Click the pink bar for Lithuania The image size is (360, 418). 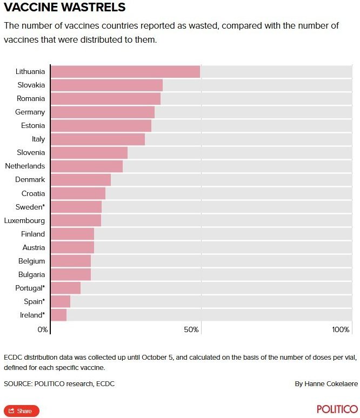coord(125,71)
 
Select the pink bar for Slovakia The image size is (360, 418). coord(106,85)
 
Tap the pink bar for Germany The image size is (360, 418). coord(102,112)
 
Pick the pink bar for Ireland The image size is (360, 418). coord(58,315)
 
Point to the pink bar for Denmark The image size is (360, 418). coord(81,179)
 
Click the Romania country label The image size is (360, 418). coord(31,98)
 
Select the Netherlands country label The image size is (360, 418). coord(25,166)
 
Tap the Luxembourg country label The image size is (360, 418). coord(25,220)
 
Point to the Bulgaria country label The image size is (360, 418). coord(31,274)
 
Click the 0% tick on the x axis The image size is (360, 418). coord(43,330)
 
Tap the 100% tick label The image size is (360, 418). coord(341,330)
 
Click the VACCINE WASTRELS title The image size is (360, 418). coord(65,8)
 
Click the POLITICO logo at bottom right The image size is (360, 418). coord(337,409)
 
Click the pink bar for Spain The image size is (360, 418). coord(60,301)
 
